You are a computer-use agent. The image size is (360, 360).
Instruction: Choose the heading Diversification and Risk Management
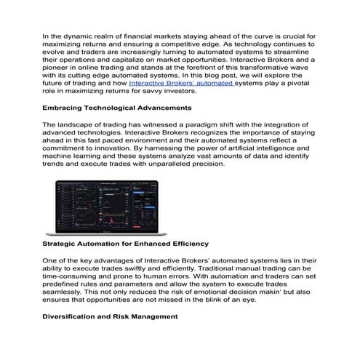(x=110, y=316)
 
